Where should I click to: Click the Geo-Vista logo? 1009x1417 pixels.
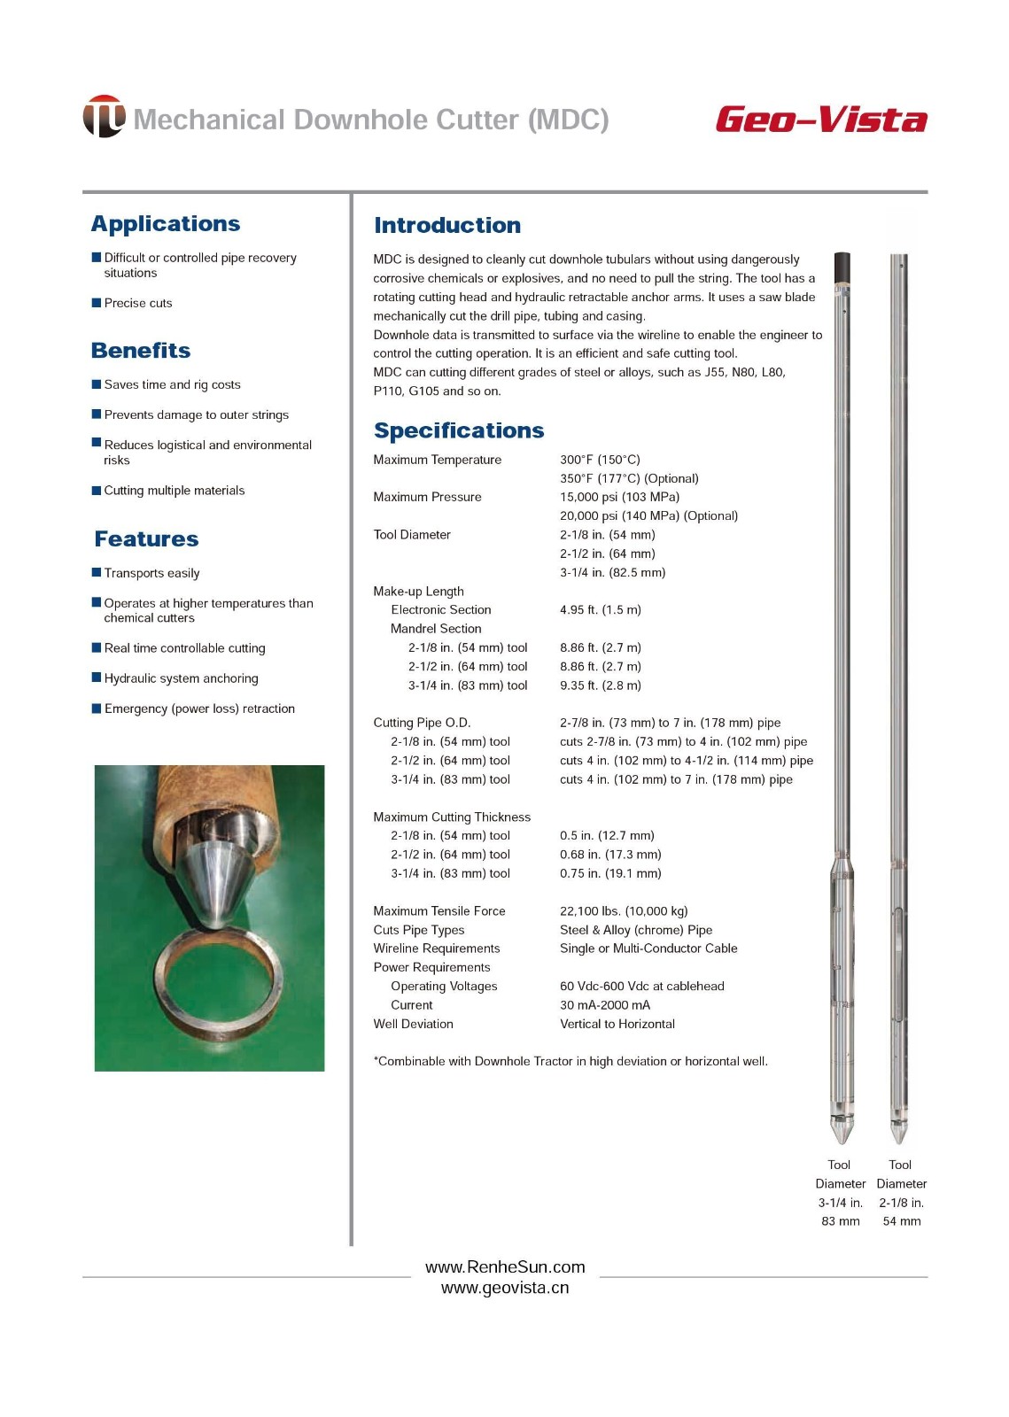[821, 120]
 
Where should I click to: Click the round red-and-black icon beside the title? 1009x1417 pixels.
[104, 116]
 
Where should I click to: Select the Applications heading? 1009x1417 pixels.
[166, 224]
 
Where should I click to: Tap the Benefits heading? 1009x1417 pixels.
[141, 351]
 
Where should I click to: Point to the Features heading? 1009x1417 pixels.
[146, 539]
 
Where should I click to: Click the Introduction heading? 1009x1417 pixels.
[447, 226]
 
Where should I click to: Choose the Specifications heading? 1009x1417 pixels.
[459, 430]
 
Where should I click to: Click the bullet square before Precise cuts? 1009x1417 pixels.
[97, 303]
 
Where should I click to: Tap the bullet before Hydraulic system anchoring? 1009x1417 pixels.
[97, 678]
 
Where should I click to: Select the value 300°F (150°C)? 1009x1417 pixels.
[600, 460]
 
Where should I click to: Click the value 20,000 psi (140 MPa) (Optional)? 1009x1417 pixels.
[648, 515]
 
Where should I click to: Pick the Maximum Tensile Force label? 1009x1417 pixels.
[439, 911]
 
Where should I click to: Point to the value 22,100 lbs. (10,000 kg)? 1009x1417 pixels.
[624, 911]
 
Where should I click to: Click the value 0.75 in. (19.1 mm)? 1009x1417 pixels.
[610, 873]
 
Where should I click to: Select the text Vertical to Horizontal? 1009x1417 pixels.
[617, 1024]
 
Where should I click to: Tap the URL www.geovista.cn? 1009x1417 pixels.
[505, 1289]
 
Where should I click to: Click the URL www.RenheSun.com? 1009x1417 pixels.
[505, 1267]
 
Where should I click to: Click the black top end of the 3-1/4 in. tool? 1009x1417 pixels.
[842, 266]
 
